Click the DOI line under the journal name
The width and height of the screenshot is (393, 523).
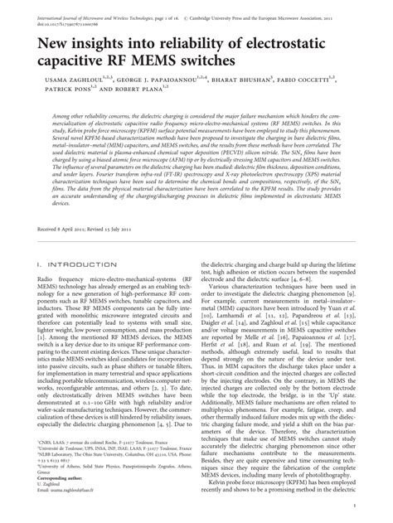43,13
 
